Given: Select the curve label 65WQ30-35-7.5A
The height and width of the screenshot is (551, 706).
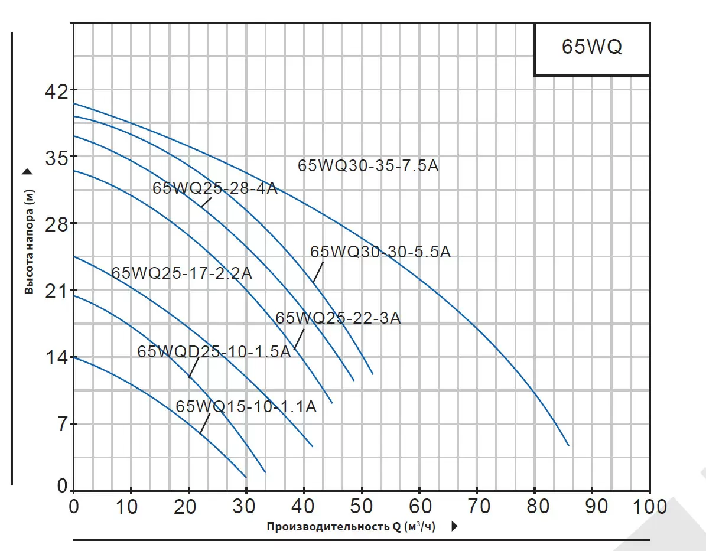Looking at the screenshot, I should click(368, 166).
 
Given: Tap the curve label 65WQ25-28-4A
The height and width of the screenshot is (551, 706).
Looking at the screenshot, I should click(214, 188).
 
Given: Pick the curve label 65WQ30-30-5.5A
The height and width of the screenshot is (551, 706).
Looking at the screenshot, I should click(380, 252).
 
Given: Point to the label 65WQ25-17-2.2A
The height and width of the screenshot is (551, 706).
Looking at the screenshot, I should click(181, 273).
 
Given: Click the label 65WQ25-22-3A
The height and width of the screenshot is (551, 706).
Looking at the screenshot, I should click(338, 318).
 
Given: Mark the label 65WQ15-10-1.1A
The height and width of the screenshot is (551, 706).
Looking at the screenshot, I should click(246, 407).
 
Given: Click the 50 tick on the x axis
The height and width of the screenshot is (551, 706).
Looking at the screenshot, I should click(361, 506).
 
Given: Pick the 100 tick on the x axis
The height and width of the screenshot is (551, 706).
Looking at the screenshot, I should click(649, 506).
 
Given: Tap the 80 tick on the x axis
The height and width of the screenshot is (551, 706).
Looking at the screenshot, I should click(534, 506).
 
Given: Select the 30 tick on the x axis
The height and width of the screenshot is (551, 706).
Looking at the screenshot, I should click(246, 506).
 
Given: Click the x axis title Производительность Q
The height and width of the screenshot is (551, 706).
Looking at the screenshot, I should click(350, 526).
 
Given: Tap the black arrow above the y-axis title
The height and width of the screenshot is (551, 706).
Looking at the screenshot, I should click(28, 172).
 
